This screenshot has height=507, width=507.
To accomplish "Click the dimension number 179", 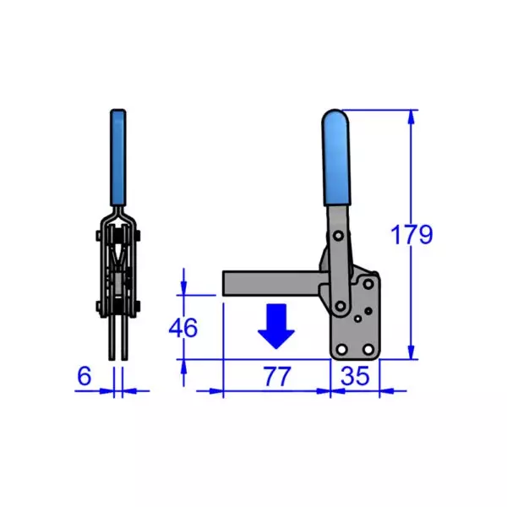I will [412, 234].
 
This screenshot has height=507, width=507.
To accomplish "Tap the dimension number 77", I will [275, 378].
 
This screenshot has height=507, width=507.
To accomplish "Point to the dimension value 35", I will [355, 378].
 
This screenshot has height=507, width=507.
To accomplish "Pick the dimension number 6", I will [84, 377].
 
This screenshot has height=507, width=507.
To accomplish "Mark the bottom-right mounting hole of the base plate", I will [368, 349].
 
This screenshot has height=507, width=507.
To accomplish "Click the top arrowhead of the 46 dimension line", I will [183, 288].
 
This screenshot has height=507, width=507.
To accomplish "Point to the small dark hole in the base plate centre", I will [358, 319].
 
